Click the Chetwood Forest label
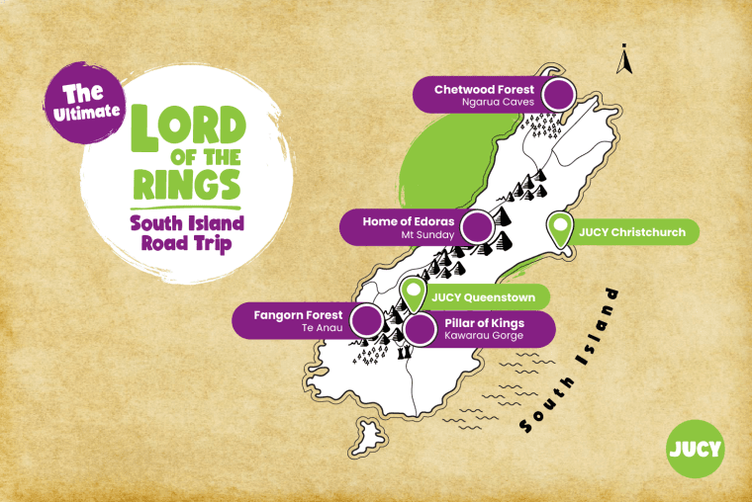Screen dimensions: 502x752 (484, 89)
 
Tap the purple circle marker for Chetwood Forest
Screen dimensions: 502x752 (559, 95)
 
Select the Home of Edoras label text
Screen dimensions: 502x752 (408, 220)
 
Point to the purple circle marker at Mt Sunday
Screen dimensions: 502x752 (478, 227)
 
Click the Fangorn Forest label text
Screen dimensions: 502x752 (298, 315)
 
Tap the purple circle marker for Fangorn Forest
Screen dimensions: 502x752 (367, 320)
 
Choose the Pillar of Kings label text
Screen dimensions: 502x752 (485, 323)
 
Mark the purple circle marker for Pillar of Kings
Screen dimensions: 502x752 (420, 329)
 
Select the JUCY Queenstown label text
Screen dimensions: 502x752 (483, 295)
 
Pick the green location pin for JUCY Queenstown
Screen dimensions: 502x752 (414, 293)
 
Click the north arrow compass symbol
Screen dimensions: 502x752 (623, 60)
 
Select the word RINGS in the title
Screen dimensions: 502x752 (189, 184)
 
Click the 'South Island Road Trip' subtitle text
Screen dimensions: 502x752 (187, 233)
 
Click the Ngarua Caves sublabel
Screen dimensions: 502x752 (498, 102)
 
